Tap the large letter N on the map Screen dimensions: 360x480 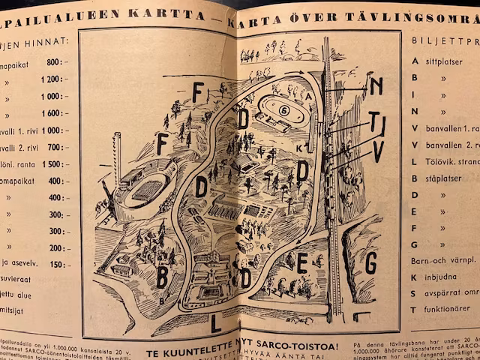[x=376, y=85]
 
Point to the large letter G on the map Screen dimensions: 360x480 [x=370, y=263]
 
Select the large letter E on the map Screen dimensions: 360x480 [x=302, y=262]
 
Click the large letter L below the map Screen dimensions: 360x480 [x=216, y=325]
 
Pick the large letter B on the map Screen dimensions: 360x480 [x=162, y=277]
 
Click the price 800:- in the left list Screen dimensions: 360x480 [x=56, y=62]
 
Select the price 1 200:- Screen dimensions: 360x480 [x=54, y=79]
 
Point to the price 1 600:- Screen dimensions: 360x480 [x=54, y=113]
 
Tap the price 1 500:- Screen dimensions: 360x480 [x=54, y=164]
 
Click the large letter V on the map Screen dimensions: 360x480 [x=378, y=151]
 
